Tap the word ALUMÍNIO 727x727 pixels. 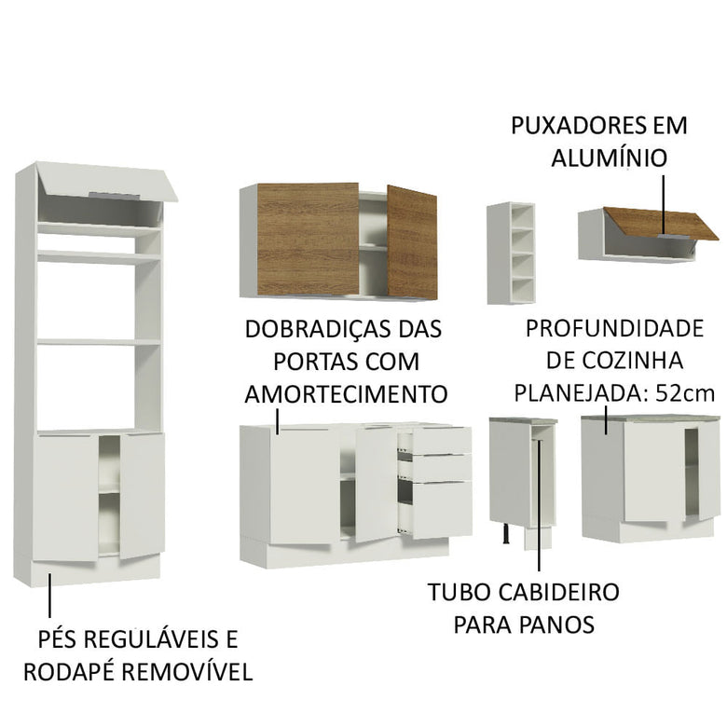coord(609,158)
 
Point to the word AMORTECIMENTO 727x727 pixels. coord(346,392)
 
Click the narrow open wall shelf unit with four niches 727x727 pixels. coord(511,253)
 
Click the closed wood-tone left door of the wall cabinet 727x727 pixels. coord(307,240)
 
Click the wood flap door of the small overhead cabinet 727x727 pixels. coord(660,224)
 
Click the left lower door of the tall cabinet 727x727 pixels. coord(65,496)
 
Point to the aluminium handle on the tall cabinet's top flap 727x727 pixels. coord(111,194)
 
